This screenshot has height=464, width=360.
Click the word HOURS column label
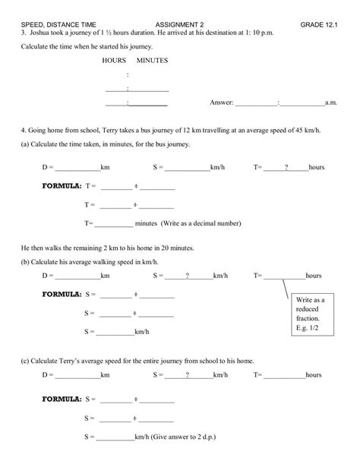click(x=114, y=59)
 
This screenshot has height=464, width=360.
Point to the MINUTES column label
click(x=153, y=59)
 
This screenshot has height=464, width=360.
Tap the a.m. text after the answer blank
click(x=331, y=103)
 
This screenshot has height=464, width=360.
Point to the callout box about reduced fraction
click(x=310, y=314)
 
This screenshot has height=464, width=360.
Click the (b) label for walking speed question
click(x=26, y=260)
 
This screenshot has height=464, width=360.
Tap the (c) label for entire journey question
click(x=26, y=361)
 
